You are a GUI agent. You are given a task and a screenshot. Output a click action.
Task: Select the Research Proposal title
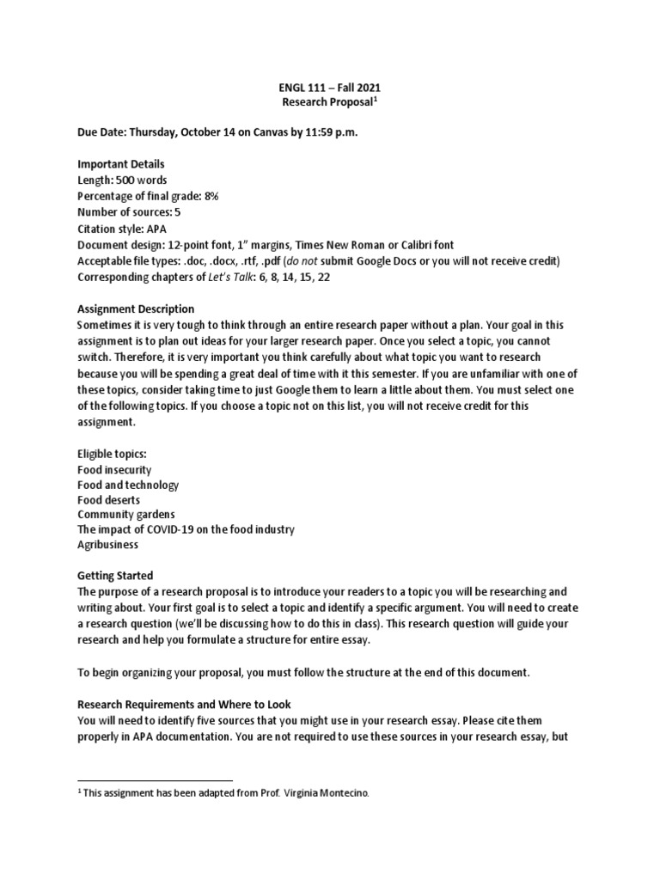pos(327,102)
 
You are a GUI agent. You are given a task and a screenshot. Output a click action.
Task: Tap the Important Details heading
pos(120,164)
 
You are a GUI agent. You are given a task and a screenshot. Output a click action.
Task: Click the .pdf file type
pos(278,260)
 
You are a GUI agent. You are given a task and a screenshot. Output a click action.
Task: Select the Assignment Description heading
pos(136,309)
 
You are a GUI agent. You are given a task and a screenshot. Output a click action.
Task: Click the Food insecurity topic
pos(114,470)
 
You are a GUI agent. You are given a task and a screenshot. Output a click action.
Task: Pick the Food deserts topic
pos(108,499)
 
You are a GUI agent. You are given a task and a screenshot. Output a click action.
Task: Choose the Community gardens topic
pos(126,514)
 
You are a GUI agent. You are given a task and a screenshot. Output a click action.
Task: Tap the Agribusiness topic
pos(107,545)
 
